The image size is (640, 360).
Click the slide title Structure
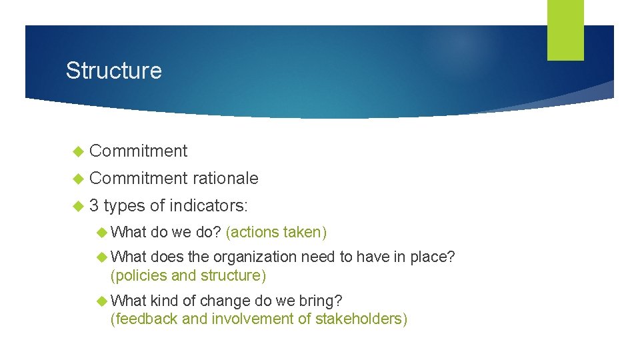tap(113, 71)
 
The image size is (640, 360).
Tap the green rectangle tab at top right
tap(565, 30)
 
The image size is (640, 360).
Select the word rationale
tap(225, 178)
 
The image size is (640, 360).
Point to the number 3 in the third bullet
tap(94, 205)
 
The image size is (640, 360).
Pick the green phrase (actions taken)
tap(276, 232)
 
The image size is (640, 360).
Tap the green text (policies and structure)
tap(188, 275)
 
